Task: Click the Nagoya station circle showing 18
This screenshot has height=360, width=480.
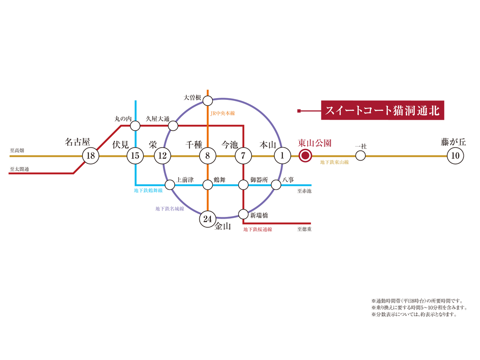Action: pos(90,156)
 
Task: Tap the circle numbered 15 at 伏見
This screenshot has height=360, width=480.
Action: pos(135,156)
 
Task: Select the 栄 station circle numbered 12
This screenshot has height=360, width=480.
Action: pos(162,156)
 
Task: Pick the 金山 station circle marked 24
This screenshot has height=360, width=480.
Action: pos(207,219)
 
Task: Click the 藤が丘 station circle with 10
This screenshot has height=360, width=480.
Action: pos(455,156)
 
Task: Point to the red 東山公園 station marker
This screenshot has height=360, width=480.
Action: pos(305,156)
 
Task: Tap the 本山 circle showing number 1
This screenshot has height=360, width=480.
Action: pos(282,156)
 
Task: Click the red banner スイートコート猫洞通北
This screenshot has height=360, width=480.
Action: pos(382,110)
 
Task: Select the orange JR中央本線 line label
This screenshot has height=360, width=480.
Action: pos(223,113)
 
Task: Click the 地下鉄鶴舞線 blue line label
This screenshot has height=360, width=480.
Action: pos(148,190)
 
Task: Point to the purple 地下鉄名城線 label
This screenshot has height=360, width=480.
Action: pos(170,208)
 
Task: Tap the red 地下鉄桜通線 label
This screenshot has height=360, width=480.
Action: pos(257,229)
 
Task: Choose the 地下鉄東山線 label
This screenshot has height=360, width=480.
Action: pos(334,162)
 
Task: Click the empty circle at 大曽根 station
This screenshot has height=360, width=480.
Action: pos(207,100)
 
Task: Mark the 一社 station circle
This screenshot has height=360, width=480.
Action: pos(360,156)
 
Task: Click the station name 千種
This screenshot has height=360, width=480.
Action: pos(194,144)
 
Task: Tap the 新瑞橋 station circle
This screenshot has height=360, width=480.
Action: pos(243,214)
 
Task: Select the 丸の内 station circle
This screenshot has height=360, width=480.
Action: pos(135,126)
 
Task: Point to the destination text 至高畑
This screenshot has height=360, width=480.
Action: pos(17,150)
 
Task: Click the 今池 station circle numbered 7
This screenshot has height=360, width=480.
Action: pos(243,156)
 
